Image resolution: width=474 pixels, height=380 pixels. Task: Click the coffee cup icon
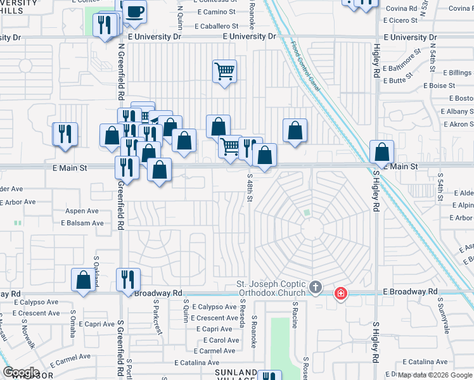pos(134,11)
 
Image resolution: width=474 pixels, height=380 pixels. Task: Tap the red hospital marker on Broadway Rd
pos(341,293)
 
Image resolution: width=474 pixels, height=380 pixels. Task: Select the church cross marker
pos(316,289)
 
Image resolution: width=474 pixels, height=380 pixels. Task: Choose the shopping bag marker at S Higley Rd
pos(381,152)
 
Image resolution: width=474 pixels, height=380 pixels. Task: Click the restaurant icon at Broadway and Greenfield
pos(128,279)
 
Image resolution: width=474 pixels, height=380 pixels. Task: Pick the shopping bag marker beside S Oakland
pos(84,280)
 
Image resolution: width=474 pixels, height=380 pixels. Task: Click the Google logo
pos(21,372)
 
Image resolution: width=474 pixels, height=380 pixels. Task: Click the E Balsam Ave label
pos(82,223)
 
